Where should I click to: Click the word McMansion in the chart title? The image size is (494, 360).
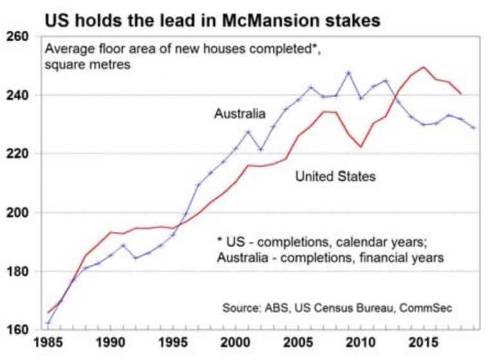point(271,21)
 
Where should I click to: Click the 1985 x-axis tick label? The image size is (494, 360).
point(48,343)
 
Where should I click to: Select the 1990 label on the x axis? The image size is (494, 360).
point(111,343)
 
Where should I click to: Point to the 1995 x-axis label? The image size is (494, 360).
point(173,343)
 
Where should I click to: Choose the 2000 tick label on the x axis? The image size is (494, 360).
point(235,343)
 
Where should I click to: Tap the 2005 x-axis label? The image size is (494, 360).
point(298,343)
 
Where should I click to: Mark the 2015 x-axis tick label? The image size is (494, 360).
point(423,343)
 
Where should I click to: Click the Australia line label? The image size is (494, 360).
point(240,113)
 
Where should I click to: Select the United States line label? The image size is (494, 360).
point(336,176)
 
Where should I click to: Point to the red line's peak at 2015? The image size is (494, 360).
point(423,67)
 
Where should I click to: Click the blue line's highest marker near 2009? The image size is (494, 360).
point(348,73)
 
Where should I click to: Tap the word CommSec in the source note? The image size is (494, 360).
point(426,308)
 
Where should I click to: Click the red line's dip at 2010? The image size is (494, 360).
point(361,147)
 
